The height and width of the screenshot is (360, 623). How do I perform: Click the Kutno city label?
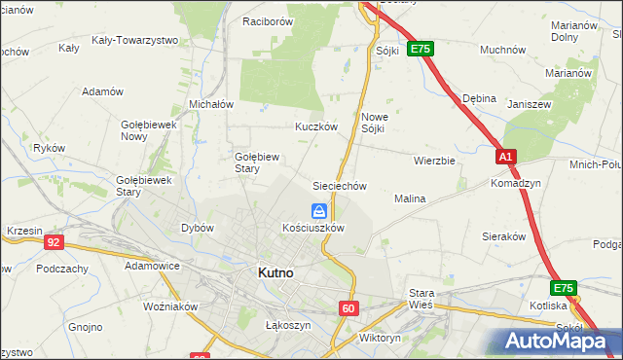click(275, 273)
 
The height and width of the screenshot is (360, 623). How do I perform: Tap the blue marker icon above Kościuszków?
click(318, 210)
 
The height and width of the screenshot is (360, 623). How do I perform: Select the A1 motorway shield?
click(505, 156)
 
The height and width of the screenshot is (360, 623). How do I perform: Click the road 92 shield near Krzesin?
click(55, 242)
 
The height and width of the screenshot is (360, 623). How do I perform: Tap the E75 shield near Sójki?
click(421, 48)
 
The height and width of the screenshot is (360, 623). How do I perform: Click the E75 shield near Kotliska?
click(563, 288)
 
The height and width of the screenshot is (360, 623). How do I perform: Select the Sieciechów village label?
click(338, 185)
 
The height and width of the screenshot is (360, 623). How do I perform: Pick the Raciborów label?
click(268, 20)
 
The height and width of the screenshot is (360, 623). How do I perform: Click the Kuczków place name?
click(316, 126)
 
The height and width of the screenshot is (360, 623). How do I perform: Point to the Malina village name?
click(410, 198)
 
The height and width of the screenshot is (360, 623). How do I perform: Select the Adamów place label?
click(103, 91)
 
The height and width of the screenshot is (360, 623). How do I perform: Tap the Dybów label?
click(198, 228)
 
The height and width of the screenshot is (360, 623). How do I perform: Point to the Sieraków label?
click(504, 236)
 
